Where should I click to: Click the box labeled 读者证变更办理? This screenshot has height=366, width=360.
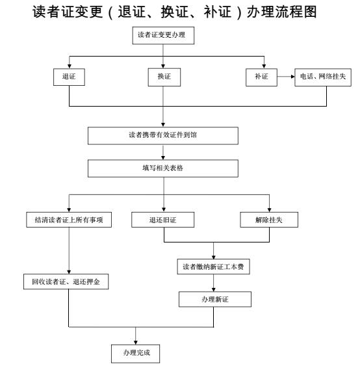163,36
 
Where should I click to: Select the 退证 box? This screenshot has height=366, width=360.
69,77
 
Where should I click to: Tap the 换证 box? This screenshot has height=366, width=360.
164,77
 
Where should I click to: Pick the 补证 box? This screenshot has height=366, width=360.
261,77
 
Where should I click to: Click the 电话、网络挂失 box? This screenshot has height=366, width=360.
323,77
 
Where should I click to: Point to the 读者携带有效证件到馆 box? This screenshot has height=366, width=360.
163,136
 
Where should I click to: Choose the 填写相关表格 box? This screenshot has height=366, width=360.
163,168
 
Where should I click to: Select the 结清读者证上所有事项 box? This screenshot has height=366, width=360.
69,220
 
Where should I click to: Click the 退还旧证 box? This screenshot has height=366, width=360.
163,220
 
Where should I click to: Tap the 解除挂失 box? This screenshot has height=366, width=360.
269,220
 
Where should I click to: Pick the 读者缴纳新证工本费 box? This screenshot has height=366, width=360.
213,267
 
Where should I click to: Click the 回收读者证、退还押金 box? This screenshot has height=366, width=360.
66,281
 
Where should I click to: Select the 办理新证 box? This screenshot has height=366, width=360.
215,299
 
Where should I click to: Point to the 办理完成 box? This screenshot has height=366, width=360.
136,354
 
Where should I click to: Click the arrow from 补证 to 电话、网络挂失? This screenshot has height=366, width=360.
286,77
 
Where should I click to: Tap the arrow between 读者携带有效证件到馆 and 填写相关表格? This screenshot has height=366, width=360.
163,152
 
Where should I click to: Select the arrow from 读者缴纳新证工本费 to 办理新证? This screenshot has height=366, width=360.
214,283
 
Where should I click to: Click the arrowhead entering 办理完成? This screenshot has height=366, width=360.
136,343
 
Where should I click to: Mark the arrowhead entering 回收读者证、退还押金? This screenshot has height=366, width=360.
69,272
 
